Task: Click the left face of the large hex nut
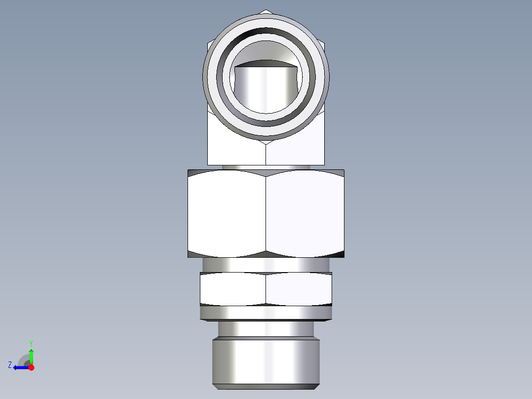click(227, 213)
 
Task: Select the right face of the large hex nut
click(304, 213)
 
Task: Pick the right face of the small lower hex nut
click(298, 289)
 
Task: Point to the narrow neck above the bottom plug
click(266, 329)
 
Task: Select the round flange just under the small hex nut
click(266, 313)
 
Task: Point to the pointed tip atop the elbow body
click(266, 11)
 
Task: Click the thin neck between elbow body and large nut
click(266, 167)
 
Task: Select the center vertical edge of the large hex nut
click(266, 213)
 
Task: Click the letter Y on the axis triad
click(31, 343)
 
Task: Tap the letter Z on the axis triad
click(10, 365)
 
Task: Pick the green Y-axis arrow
click(31, 355)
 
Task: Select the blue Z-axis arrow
click(20, 367)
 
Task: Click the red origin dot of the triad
click(31, 367)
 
